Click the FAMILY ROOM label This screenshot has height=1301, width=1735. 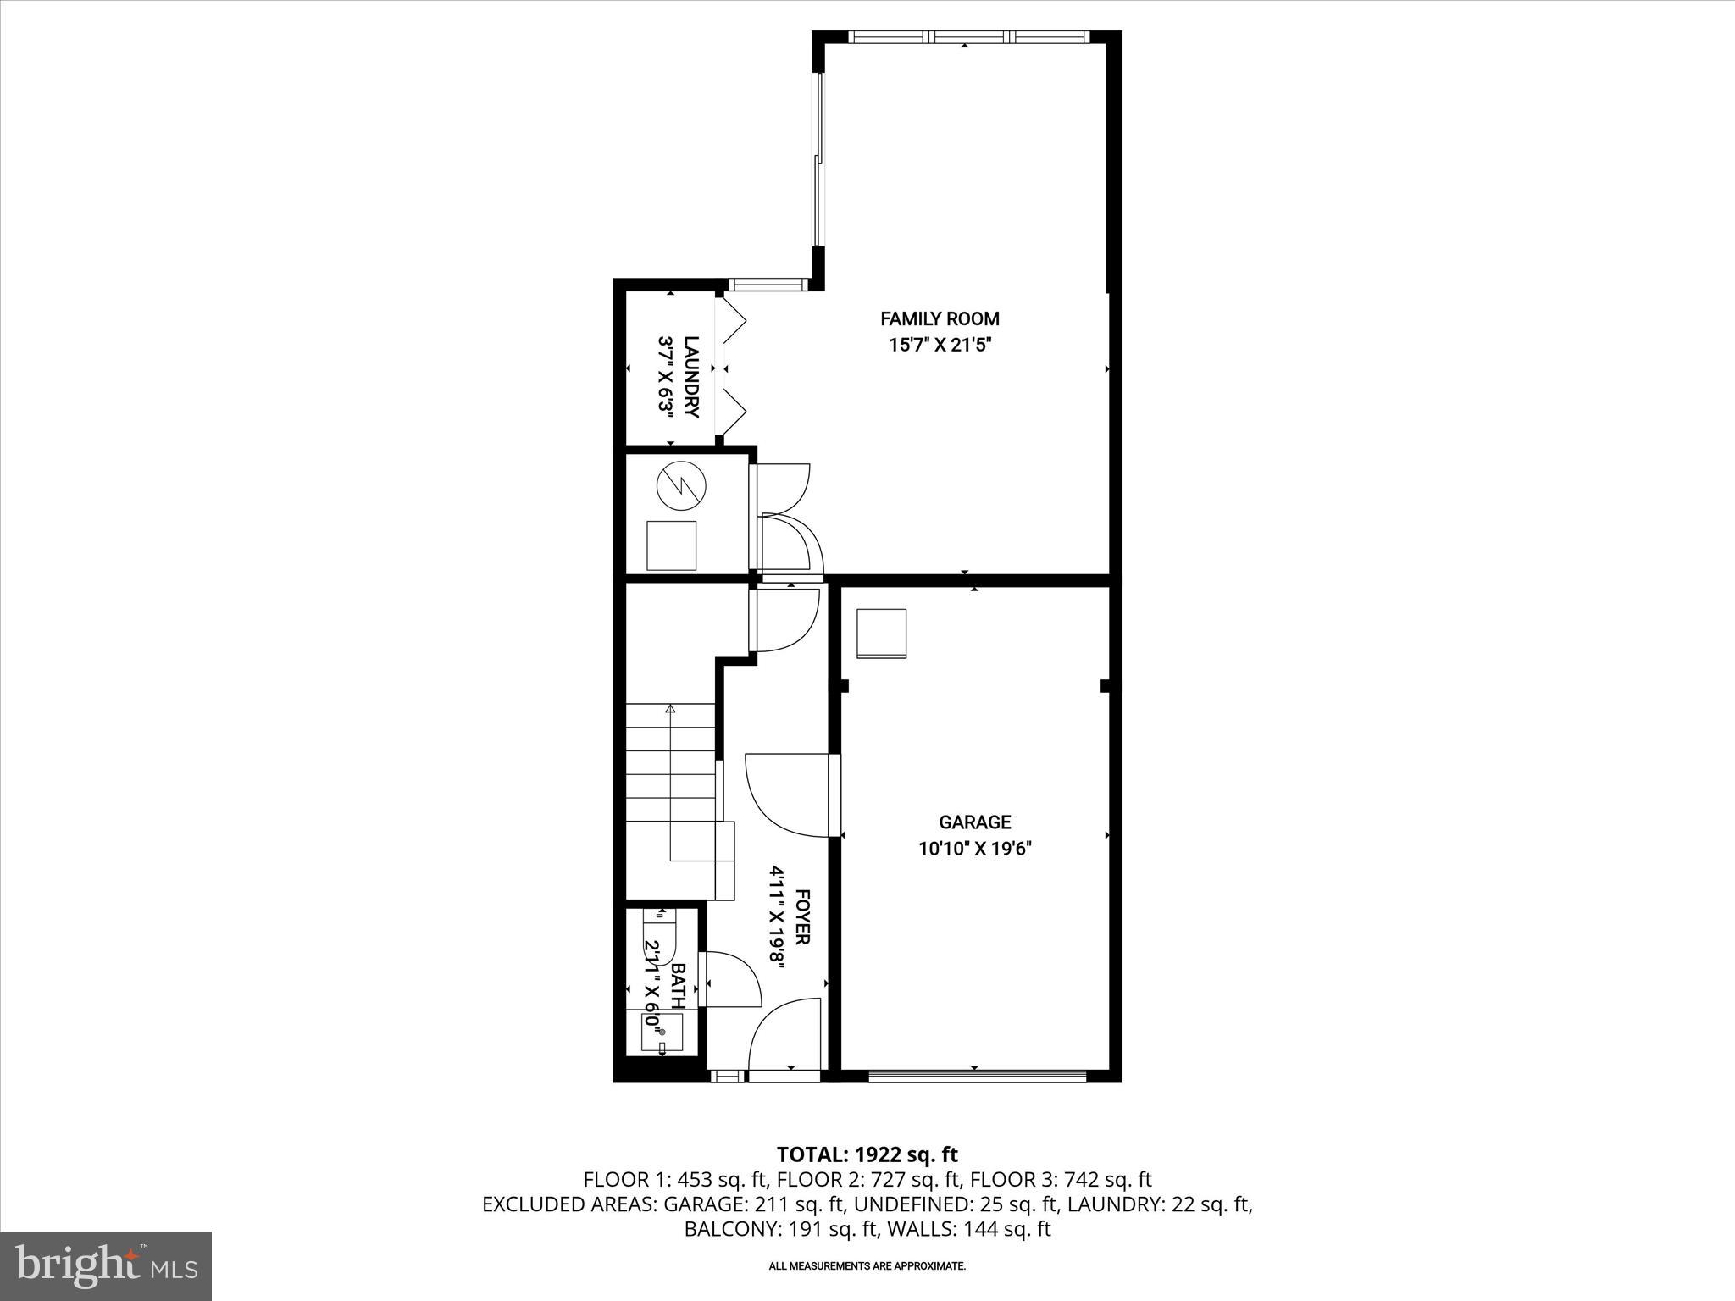coord(940,319)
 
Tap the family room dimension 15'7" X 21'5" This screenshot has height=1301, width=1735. coord(940,345)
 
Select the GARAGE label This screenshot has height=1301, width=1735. coord(974,822)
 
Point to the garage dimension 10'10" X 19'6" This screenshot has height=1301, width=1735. coord(974,848)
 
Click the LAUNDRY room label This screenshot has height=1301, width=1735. coord(691,377)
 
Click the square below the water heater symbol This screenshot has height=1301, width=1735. coord(671,545)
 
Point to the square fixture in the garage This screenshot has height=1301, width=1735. coord(882,633)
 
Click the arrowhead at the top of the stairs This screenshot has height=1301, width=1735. coord(670,709)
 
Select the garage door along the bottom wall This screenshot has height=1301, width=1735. coord(976,1076)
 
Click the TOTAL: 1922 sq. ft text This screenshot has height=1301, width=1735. coord(867,1154)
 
